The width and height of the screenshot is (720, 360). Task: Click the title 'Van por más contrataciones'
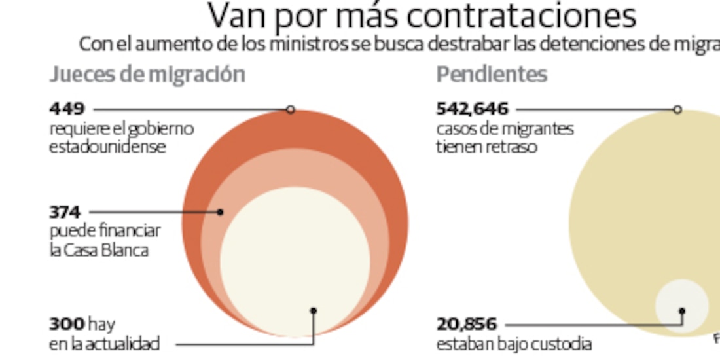point(422,16)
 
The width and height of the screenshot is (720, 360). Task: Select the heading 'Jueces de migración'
point(147,75)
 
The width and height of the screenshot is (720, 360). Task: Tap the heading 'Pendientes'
point(492,75)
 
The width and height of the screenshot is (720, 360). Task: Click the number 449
point(67,109)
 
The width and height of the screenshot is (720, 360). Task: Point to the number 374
point(65,212)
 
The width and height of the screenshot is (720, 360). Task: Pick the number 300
point(67,324)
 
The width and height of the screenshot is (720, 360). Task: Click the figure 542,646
point(472,109)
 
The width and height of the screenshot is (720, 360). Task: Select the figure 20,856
point(467,324)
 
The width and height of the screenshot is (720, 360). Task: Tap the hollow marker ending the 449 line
point(291,109)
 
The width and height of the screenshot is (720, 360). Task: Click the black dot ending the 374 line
point(221,212)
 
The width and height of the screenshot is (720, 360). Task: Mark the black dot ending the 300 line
point(314,311)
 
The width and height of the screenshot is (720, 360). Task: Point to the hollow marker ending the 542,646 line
point(677,109)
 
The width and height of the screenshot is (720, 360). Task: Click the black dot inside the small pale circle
point(682,311)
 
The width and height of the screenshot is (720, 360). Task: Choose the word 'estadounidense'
point(107,147)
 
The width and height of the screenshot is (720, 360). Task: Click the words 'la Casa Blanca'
point(99,250)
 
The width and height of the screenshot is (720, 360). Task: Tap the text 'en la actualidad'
point(104,344)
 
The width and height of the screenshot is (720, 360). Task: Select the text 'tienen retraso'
point(486,147)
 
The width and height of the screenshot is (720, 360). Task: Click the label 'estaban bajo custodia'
point(514,344)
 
